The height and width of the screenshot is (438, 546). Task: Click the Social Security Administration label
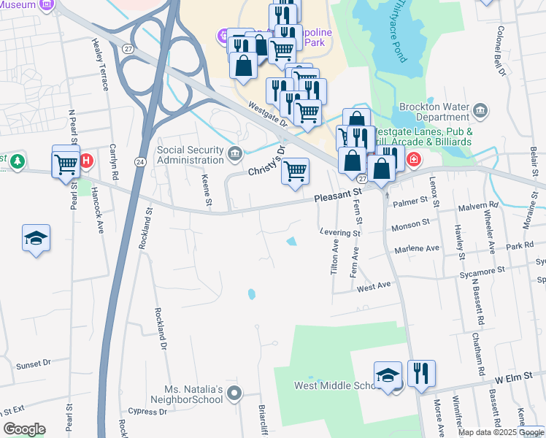coord(191,155)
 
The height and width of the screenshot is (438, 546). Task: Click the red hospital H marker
coord(86,161)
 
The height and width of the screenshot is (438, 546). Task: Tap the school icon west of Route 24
coord(36,239)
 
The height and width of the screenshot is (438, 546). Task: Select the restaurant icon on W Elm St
coord(420,374)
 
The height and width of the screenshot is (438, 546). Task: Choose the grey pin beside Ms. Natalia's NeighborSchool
coord(234,395)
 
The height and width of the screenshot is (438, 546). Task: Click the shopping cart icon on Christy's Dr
coord(295,172)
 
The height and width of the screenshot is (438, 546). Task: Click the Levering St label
coord(340,234)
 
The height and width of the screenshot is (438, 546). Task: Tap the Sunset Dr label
coord(34,363)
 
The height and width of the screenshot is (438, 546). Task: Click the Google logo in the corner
coord(24,429)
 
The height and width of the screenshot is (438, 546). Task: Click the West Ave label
coord(374,287)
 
